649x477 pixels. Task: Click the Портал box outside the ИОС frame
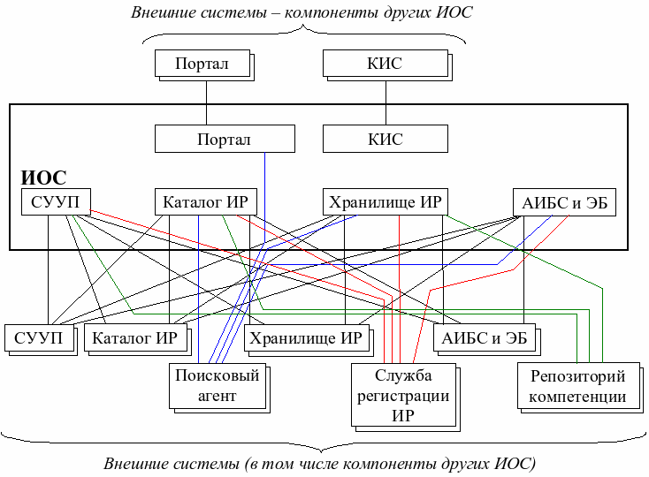tap(202, 64)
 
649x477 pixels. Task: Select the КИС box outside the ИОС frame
tap(384, 64)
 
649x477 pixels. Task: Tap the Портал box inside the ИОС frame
tap(224, 140)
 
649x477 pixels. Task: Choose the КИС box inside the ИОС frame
tap(385, 140)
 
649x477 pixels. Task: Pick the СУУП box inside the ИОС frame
tap(55, 202)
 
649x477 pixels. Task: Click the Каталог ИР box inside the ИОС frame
tap(205, 202)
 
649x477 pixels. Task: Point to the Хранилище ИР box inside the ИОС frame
tap(385, 202)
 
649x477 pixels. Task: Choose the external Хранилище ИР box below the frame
tap(304, 337)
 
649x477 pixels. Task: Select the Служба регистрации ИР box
tap(403, 395)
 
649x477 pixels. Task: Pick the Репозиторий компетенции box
tap(577, 386)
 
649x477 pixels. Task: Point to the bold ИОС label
tap(43, 178)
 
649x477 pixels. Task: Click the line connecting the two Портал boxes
tap(205, 102)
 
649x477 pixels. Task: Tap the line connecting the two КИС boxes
tap(385, 102)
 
